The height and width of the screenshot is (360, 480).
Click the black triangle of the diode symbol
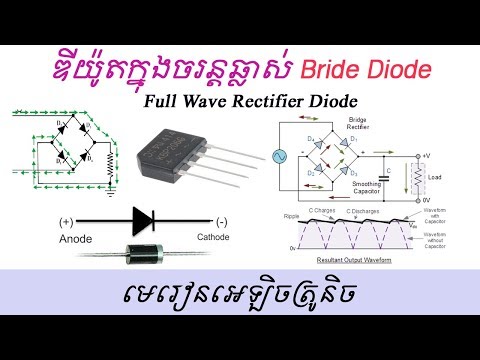(x=141, y=221)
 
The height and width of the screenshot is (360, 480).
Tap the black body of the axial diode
(x=144, y=255)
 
